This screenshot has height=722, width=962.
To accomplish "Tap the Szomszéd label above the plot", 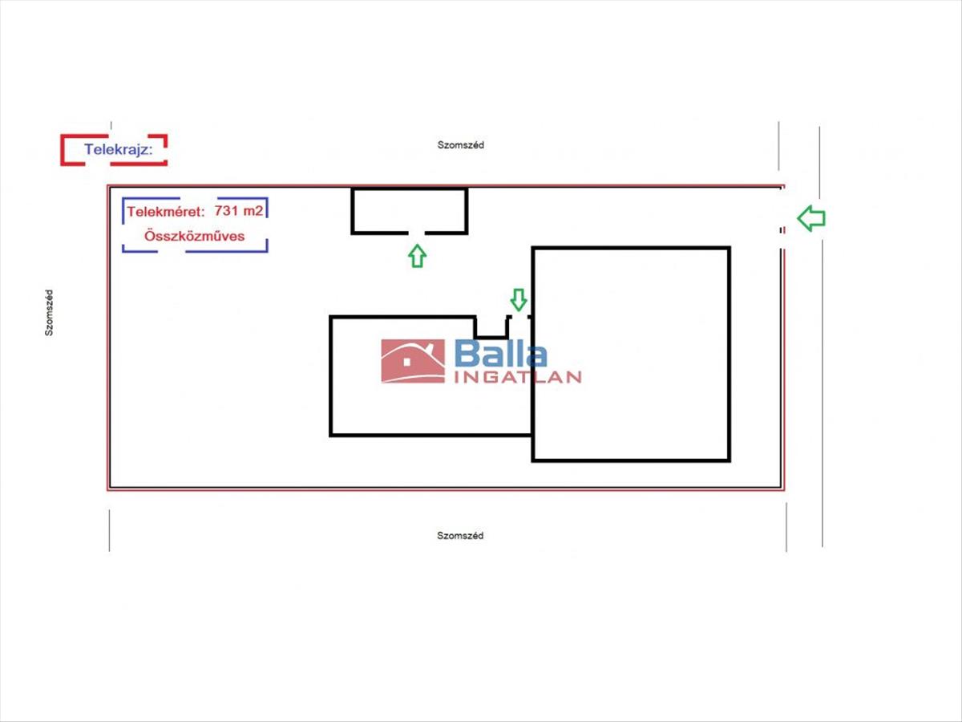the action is pos(460,145).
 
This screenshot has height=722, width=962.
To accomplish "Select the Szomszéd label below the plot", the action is pos(460,536).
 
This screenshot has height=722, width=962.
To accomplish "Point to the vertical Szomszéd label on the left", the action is pos(49,312).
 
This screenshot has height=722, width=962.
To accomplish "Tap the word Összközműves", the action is pos(194,237).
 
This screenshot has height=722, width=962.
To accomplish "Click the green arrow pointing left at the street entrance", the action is pos(811,217).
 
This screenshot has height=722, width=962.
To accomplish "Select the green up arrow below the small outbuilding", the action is pos(417,256).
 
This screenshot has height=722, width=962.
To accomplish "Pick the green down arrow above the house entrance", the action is pos(519,299).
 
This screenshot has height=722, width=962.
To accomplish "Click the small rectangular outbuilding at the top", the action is pos(409,210).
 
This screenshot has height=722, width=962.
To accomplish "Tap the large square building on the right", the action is pos(631,354).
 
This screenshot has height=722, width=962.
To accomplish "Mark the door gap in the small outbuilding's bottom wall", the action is pos(417,233).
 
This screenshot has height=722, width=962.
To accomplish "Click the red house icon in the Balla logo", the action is pos(413,361).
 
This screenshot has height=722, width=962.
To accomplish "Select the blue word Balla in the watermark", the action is pos(501,354).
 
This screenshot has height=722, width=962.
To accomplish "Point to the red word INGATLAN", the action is pos(518,377).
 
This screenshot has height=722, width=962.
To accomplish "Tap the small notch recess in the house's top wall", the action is pos(491,327).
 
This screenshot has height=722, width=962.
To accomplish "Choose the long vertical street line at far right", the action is pos(821,337).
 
